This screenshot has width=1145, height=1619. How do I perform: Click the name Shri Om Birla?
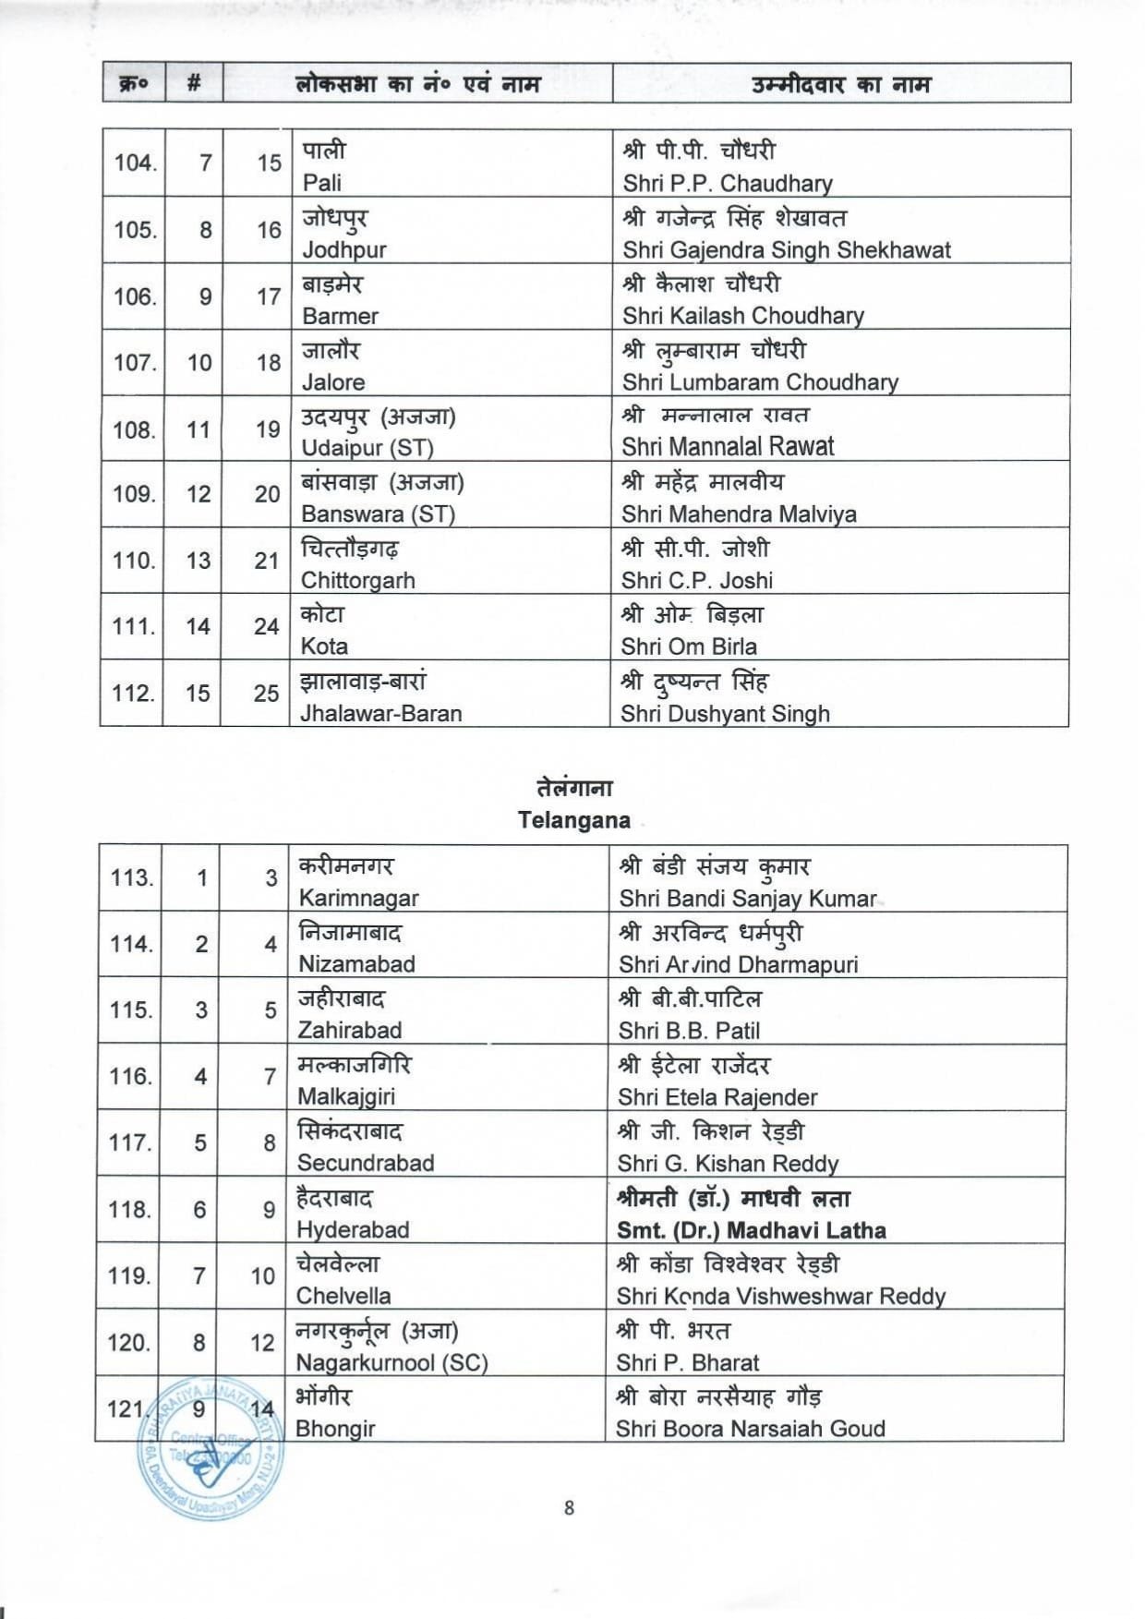(x=689, y=646)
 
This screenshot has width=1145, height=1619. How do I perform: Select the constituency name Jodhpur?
(x=344, y=249)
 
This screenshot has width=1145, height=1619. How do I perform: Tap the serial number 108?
(x=134, y=429)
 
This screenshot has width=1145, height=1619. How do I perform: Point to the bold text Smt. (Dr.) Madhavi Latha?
(x=751, y=1230)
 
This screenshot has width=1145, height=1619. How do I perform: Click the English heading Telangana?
(x=573, y=820)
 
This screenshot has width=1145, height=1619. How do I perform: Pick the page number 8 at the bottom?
(x=569, y=1507)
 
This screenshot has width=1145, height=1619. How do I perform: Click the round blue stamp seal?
(x=211, y=1448)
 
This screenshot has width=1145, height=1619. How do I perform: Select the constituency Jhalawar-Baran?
(x=380, y=713)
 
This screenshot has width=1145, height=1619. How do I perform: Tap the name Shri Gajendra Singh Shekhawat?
(x=786, y=249)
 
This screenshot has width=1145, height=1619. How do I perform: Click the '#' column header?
(x=194, y=83)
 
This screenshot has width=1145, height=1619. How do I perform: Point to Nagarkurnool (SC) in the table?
(x=392, y=1362)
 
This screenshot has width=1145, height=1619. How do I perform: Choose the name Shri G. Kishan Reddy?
(x=728, y=1164)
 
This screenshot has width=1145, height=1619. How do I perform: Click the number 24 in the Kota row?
(x=266, y=626)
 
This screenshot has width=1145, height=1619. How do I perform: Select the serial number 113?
(x=131, y=877)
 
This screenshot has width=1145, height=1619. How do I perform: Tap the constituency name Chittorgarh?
(x=357, y=580)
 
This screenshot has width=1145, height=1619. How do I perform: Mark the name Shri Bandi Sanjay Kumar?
(x=748, y=898)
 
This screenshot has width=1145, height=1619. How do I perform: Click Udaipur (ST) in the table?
(x=367, y=448)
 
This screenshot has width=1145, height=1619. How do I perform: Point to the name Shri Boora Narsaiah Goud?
(x=750, y=1429)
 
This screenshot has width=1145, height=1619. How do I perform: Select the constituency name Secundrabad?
(x=365, y=1163)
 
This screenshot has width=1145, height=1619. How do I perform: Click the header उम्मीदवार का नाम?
(x=840, y=84)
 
